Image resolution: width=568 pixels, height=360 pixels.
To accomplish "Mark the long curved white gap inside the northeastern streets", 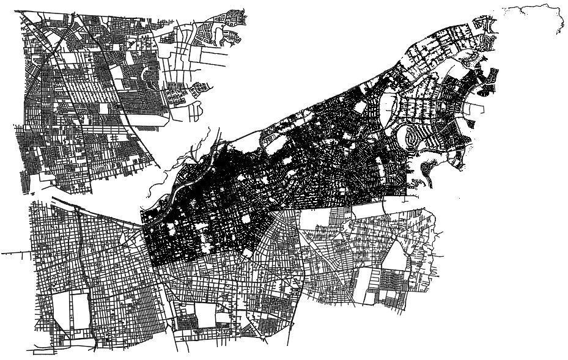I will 389,110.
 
